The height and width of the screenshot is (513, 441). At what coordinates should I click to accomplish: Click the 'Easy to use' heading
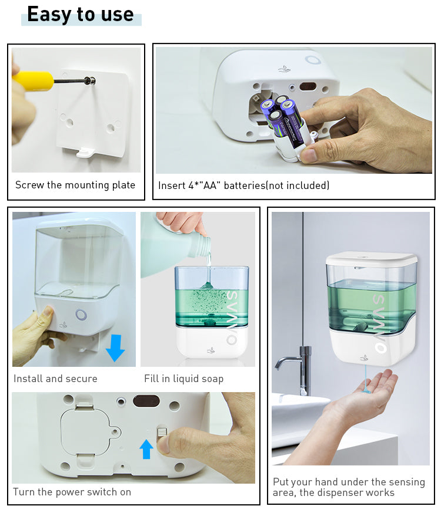(81, 14)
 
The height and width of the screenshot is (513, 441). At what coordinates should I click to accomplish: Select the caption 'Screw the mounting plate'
(75, 185)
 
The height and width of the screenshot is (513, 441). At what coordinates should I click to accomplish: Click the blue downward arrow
(115, 347)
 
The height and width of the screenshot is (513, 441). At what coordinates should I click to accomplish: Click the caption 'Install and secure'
(55, 379)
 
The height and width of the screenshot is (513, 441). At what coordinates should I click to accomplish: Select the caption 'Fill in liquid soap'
(183, 379)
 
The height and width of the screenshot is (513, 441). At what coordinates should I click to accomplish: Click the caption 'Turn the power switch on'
(72, 492)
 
